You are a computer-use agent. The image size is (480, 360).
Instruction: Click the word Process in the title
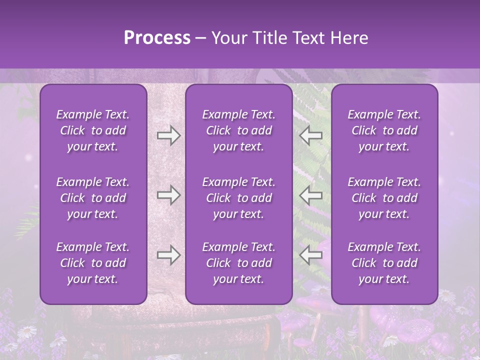point(157,38)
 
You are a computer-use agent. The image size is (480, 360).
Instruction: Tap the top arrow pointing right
point(168,135)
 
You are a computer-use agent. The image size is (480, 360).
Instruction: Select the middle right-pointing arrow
point(168,195)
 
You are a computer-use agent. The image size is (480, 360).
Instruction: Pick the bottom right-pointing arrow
point(168,255)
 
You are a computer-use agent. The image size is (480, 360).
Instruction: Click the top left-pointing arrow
point(310,135)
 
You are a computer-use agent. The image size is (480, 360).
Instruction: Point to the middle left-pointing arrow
point(310,195)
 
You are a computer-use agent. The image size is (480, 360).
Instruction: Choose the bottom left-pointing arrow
point(310,255)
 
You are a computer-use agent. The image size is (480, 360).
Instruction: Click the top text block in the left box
point(93,130)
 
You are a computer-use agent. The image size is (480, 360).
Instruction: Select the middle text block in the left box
point(93,198)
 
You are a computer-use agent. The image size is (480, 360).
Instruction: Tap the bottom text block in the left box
point(93,263)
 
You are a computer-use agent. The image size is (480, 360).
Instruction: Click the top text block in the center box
point(238,130)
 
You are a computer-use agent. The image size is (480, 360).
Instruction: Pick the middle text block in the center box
point(238,198)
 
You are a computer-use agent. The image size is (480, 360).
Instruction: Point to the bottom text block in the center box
point(238,263)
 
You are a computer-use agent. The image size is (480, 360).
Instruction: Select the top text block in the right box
point(384,130)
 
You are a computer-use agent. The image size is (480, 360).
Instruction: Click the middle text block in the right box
point(384,198)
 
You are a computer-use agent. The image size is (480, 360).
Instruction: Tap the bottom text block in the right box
point(384,263)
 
